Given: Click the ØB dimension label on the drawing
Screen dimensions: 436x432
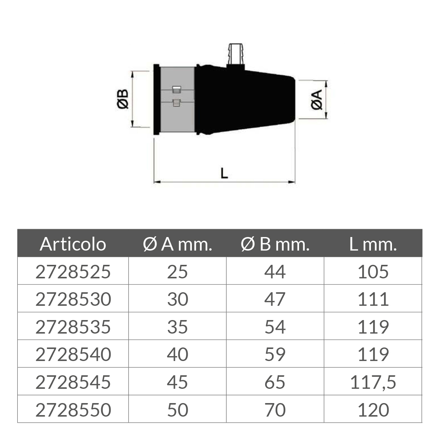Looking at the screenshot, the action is pyautogui.click(x=123, y=99).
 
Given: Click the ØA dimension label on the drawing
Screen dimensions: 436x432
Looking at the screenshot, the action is pyautogui.click(x=316, y=100).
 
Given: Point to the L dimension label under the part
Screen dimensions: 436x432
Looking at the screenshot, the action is pyautogui.click(x=224, y=173).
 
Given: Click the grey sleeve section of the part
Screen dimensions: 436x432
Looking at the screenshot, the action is pyautogui.click(x=178, y=100).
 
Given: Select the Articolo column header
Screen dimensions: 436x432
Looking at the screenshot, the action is pyautogui.click(x=73, y=244).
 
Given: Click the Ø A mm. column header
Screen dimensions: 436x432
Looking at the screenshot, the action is pyautogui.click(x=178, y=244).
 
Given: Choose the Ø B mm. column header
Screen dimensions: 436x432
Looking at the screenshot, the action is pyautogui.click(x=275, y=244).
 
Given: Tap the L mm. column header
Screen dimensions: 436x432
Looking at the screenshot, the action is pyautogui.click(x=373, y=244).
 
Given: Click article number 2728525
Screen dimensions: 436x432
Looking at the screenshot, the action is pyautogui.click(x=73, y=272).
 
